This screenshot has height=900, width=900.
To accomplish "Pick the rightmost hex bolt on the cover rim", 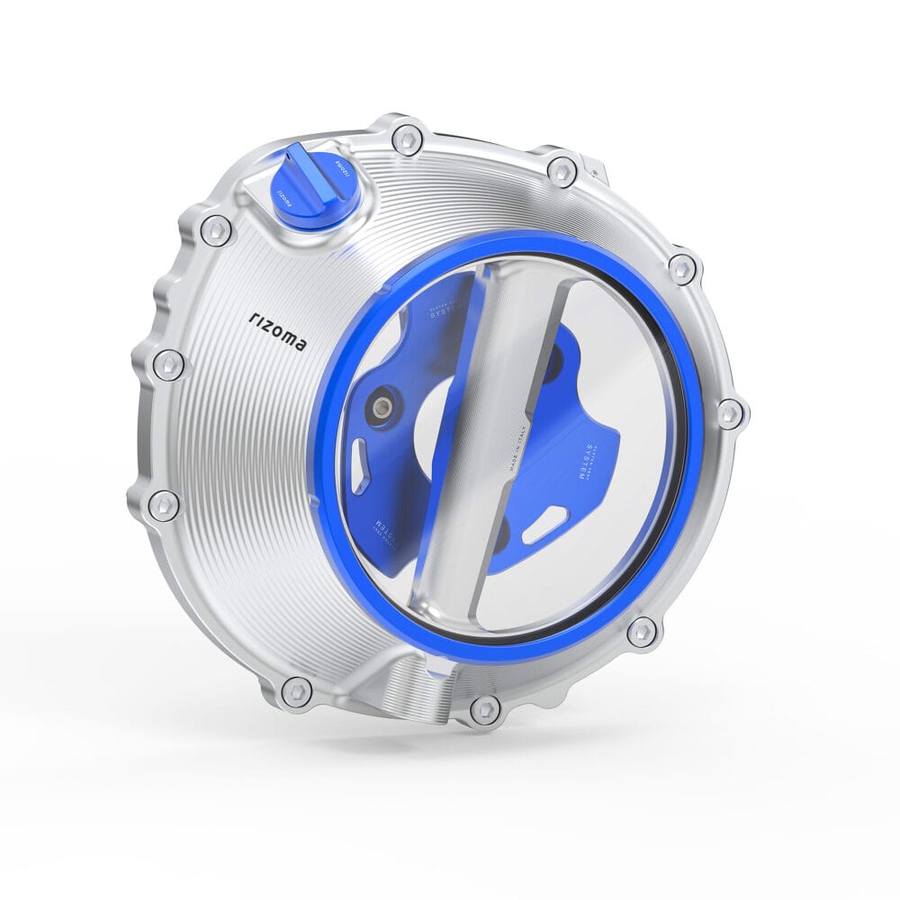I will coord(731,413).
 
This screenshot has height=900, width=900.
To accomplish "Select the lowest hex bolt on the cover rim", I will coord(484,710).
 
